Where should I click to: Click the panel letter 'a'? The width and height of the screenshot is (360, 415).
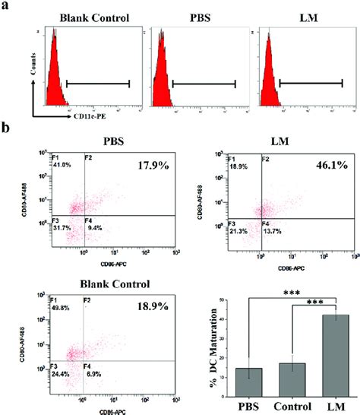pos(6,8)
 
